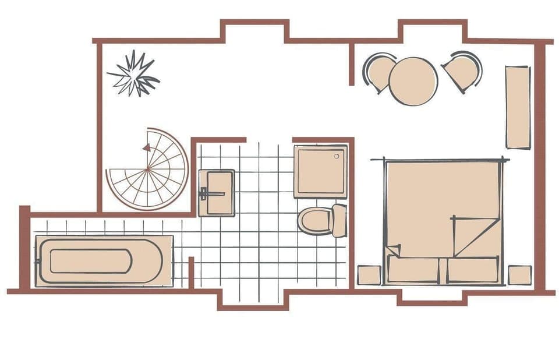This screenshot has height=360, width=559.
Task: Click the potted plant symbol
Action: click(x=133, y=74)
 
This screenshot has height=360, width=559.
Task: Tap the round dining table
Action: click(x=413, y=81)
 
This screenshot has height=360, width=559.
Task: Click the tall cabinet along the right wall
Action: click(x=517, y=107)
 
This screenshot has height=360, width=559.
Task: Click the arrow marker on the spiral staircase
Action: click(x=146, y=148)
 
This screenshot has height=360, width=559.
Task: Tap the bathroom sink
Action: click(x=217, y=193)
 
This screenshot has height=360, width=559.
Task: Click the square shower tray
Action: click(x=320, y=171)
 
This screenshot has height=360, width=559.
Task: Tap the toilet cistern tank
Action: click(x=339, y=220)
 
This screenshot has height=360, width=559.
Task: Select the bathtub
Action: click(x=104, y=261)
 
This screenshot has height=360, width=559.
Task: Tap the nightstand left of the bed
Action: click(x=369, y=275)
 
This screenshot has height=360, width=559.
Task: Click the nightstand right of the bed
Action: click(x=519, y=275)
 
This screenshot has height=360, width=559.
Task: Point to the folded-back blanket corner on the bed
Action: click(x=475, y=235)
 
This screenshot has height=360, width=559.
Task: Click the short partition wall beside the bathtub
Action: click(x=191, y=273)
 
